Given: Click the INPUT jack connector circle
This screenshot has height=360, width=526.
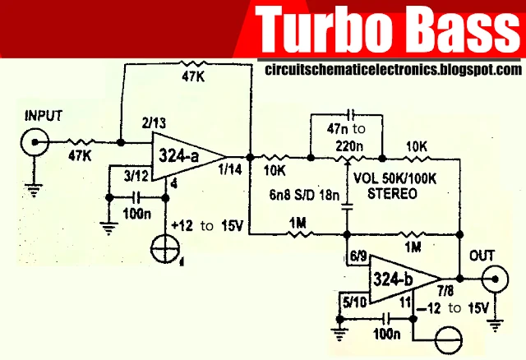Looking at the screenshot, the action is (x=35, y=142).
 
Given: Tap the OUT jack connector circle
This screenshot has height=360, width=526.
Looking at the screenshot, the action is (x=495, y=279).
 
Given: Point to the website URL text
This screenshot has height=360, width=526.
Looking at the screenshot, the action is (x=393, y=70).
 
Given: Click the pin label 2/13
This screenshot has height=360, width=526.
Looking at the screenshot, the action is (x=154, y=123).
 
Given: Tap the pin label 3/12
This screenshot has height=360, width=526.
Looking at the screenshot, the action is (x=136, y=176).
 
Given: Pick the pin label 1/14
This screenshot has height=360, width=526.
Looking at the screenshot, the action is (x=230, y=170).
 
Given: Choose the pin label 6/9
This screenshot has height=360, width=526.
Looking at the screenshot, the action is (x=358, y=256).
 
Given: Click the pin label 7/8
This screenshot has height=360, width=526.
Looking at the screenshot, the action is (x=445, y=291).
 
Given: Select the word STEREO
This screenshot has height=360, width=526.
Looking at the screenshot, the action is (x=393, y=194).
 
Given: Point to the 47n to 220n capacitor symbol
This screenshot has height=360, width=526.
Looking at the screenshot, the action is (x=351, y=114).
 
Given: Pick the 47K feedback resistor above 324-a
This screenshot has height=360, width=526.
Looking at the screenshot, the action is (x=192, y=64).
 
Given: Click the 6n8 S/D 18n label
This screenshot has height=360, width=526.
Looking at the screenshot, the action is (x=305, y=195).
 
